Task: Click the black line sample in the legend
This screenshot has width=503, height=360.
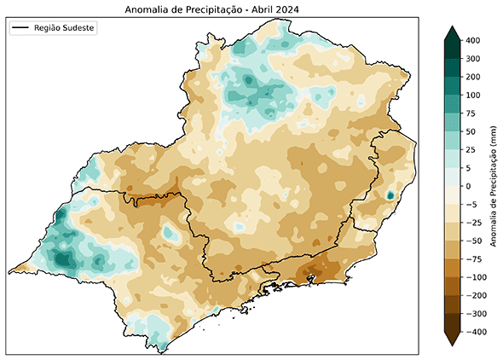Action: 21,28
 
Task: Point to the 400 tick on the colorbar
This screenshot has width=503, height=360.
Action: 474,40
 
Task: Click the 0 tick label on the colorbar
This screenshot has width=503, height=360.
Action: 469,186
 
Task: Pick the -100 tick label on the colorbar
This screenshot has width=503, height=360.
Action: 476,278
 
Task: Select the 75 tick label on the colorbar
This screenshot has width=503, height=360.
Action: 471,113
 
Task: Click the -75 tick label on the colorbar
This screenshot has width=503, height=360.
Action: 474,259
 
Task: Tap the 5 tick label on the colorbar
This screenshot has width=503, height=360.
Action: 469,168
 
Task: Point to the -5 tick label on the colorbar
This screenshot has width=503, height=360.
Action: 471,205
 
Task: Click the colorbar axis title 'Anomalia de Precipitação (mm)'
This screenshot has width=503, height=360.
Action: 494,186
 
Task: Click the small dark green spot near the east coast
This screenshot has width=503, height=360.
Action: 390,195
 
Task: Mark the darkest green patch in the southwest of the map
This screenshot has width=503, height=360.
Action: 62,257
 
